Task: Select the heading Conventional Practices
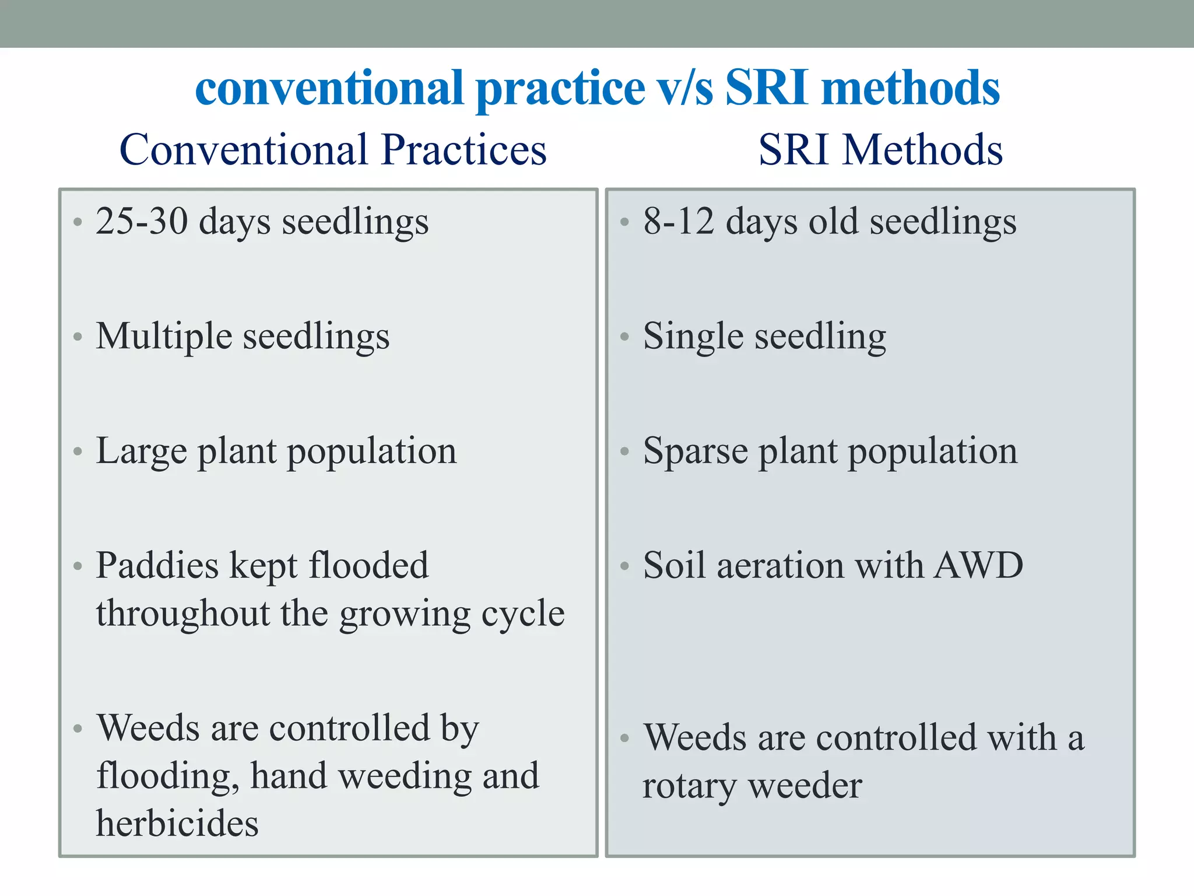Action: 333,150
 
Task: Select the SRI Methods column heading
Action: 880,150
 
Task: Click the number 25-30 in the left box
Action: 142,222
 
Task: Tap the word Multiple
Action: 164,337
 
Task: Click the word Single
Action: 693,337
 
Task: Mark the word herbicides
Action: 177,823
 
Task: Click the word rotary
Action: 689,786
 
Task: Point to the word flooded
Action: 368,565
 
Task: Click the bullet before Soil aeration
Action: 624,566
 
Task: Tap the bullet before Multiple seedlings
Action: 78,337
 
